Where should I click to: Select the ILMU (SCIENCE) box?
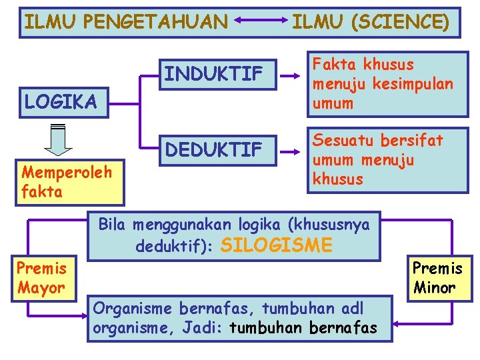371,23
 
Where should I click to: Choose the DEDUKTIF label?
213,150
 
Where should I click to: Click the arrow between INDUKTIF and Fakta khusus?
291,76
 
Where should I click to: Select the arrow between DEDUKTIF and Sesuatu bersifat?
291,152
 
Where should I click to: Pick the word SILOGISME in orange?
275,245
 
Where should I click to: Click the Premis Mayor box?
41,278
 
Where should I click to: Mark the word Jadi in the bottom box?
208,328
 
